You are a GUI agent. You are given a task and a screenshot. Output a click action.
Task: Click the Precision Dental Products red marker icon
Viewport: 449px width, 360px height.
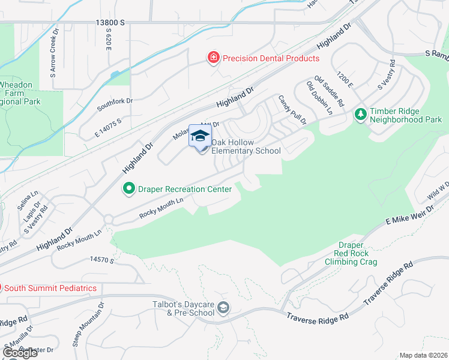212,58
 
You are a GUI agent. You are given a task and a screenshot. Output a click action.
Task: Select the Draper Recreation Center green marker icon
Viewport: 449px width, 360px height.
128,189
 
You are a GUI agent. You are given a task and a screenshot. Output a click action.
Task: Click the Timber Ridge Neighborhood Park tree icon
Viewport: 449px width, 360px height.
360,113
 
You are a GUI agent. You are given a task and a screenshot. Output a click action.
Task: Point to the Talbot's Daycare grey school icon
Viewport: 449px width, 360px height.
223,308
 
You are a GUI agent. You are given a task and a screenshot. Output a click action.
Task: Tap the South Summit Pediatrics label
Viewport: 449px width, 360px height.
52,288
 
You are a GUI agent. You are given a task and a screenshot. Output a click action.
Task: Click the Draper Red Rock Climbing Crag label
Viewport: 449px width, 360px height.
351,253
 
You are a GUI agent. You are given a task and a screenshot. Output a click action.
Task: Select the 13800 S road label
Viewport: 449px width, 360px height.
110,22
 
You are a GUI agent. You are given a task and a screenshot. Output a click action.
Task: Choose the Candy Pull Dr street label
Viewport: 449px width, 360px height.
292,109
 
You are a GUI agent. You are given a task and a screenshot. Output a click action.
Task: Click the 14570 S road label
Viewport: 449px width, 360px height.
101,259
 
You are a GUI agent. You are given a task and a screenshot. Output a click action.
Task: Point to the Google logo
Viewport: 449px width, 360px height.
20,352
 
